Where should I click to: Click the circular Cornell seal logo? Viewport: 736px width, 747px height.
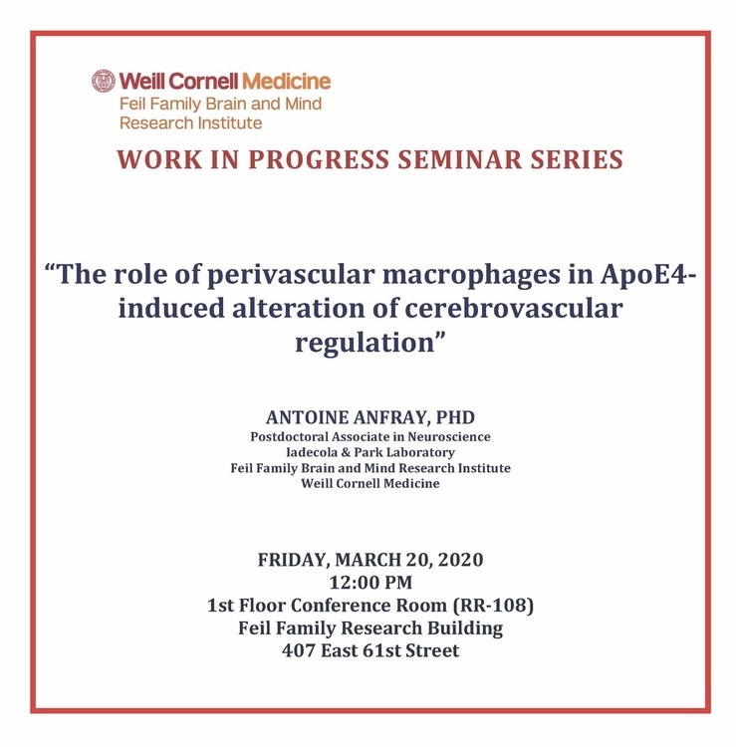104,81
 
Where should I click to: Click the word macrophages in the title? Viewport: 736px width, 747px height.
472,276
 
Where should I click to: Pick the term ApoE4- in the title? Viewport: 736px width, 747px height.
647,274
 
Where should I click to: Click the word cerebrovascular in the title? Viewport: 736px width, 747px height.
514,308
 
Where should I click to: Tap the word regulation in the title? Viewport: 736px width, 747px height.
365,343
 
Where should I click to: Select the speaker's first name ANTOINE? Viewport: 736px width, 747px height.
307,417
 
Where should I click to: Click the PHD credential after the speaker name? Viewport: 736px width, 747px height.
455,417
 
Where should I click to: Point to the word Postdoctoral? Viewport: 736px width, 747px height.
289,437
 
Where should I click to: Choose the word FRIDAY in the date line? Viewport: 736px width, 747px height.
293,560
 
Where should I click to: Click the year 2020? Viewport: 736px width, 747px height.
460,560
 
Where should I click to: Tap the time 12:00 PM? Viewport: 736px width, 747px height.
370,583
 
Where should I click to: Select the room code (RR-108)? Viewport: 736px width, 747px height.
493,606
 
